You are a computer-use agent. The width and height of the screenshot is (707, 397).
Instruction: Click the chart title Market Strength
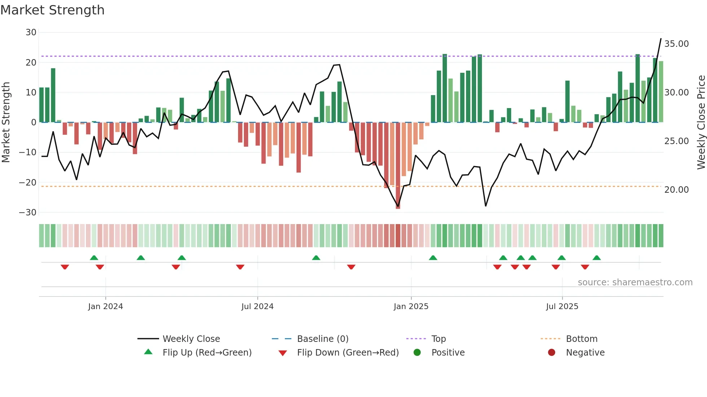pyautogui.click(x=52, y=10)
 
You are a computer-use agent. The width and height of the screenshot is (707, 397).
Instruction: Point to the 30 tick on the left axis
pyautogui.click(x=31, y=32)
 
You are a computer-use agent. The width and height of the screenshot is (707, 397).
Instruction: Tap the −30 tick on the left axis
pyautogui.click(x=28, y=213)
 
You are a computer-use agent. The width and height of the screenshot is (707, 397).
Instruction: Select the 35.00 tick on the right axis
pyautogui.click(x=676, y=44)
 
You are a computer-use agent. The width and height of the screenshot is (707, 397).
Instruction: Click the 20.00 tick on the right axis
pyautogui.click(x=676, y=190)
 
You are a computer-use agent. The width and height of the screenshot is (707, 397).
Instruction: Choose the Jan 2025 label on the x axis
pyautogui.click(x=411, y=307)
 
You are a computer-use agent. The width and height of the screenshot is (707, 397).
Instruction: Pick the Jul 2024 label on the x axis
pyautogui.click(x=257, y=307)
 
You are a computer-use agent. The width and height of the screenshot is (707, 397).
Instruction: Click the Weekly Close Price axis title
pyautogui.click(x=701, y=122)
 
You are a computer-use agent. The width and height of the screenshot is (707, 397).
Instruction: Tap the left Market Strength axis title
pyautogui.click(x=6, y=122)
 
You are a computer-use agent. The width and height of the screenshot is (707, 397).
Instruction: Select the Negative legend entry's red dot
pyautogui.click(x=551, y=353)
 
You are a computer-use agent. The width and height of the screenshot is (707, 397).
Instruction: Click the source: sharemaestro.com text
pyautogui.click(x=635, y=282)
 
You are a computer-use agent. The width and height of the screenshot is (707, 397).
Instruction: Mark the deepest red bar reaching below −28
pyautogui.click(x=398, y=166)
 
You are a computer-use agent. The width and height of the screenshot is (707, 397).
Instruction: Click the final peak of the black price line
pyautogui.click(x=661, y=39)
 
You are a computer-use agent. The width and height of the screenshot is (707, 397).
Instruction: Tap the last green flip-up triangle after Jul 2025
pyautogui.click(x=597, y=258)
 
